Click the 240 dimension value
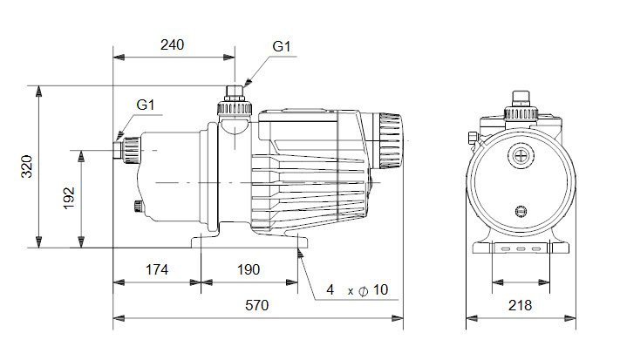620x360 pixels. (x=172, y=45)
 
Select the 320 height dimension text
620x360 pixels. (x=27, y=166)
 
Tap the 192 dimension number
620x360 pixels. (x=69, y=198)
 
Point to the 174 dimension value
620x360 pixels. (x=157, y=269)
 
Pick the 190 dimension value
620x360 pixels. (x=249, y=269)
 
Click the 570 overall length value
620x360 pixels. (x=257, y=305)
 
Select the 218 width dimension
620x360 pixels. (x=521, y=305)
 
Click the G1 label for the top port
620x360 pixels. (x=282, y=46)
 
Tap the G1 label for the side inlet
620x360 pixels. (x=145, y=105)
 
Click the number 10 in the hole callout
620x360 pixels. (x=380, y=289)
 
